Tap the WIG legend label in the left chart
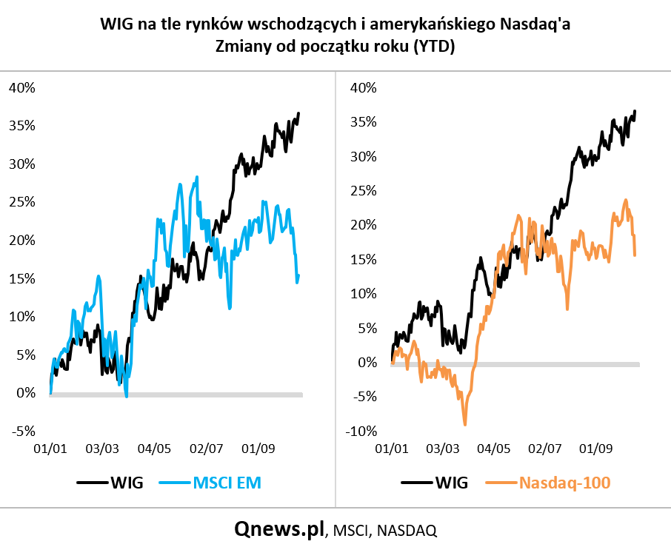pos(127,483)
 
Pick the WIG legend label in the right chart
pos(452,483)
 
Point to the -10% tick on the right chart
pos(361,431)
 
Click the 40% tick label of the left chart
pos(22,87)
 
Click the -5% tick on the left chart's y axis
pos(24,431)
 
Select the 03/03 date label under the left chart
pos(102,449)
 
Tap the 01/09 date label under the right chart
pos(595,449)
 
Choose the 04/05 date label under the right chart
pos(494,449)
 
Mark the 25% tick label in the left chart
pos(22,202)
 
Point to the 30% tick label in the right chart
pos(364,156)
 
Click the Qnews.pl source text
pos(279,529)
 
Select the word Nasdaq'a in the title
pos(535,24)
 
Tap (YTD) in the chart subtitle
pos(434,46)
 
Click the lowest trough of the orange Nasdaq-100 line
pos(465,425)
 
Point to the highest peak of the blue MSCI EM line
pos(197,177)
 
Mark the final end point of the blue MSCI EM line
pos(298,276)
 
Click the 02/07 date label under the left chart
pos(207,449)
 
